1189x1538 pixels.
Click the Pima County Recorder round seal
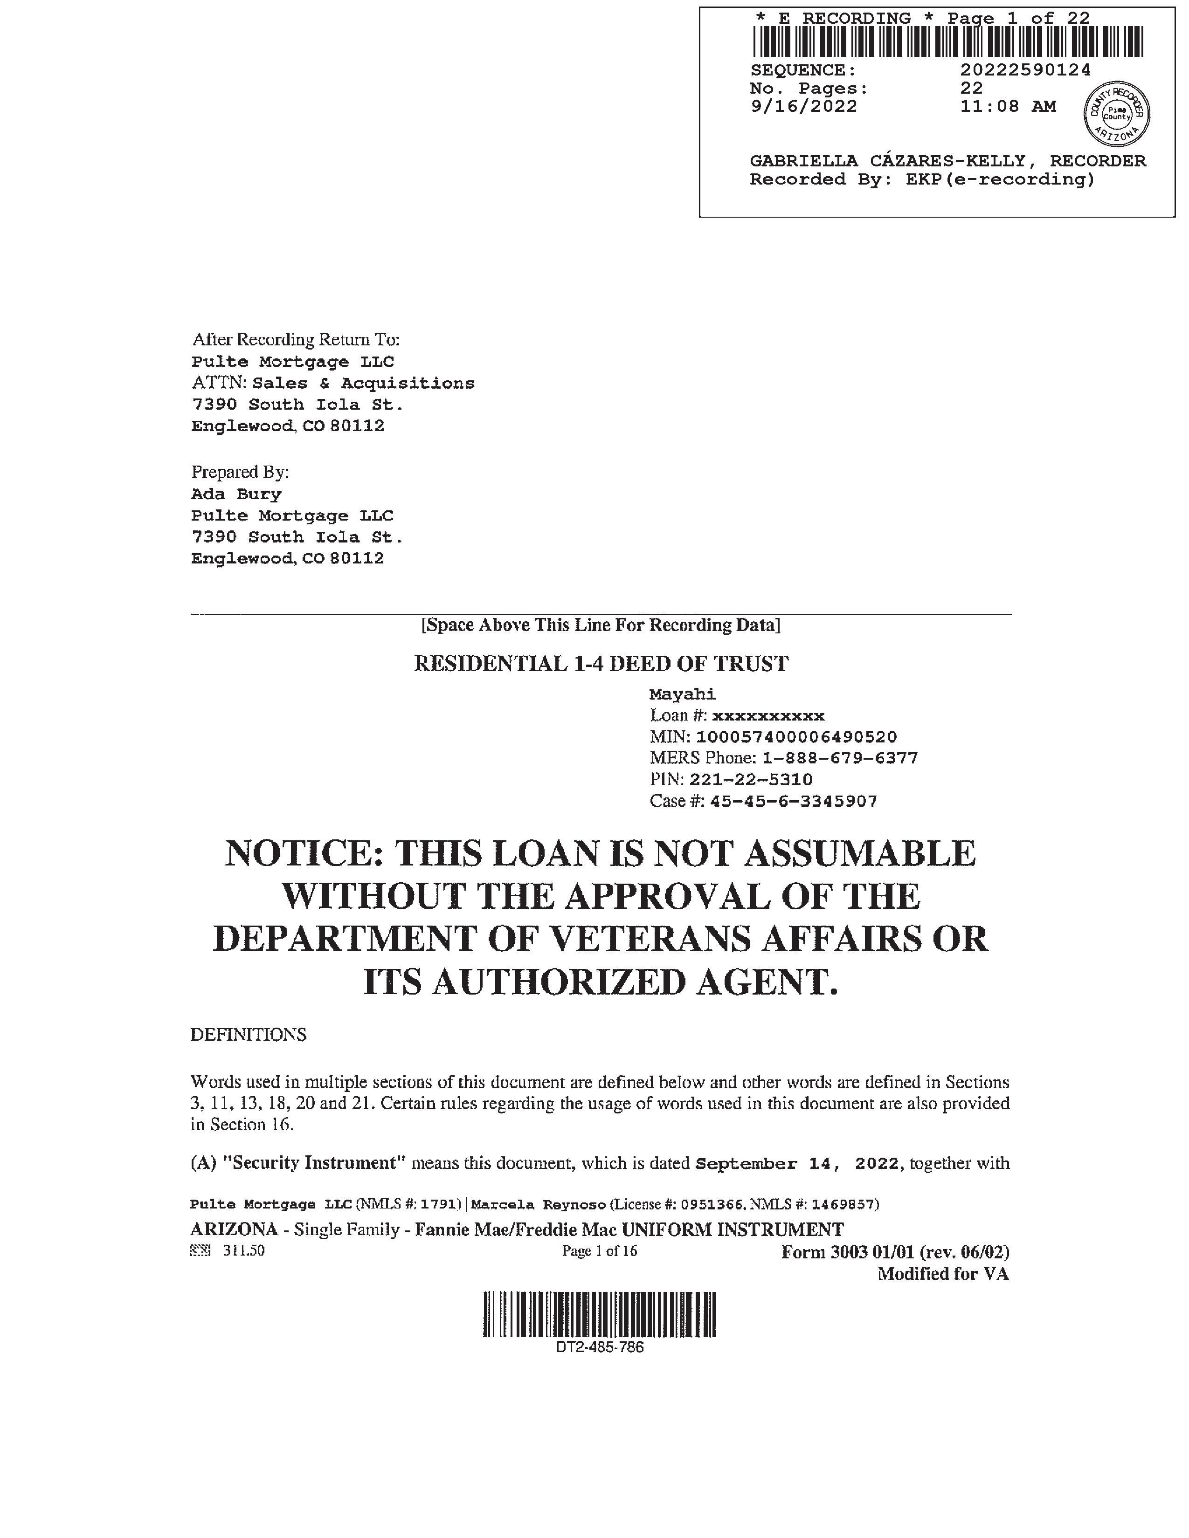tap(1116, 113)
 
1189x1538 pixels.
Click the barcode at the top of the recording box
tap(947, 41)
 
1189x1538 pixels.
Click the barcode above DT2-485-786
tap(600, 1314)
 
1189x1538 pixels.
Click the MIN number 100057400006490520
tap(796, 737)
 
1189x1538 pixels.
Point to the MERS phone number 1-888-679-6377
tap(840, 758)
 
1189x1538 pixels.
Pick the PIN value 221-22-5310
tap(751, 780)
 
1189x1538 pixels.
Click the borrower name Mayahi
tap(682, 694)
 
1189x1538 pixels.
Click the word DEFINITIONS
tap(248, 1035)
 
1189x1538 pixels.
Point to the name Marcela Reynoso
tap(538, 1204)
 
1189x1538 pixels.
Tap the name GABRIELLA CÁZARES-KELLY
tap(887, 161)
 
